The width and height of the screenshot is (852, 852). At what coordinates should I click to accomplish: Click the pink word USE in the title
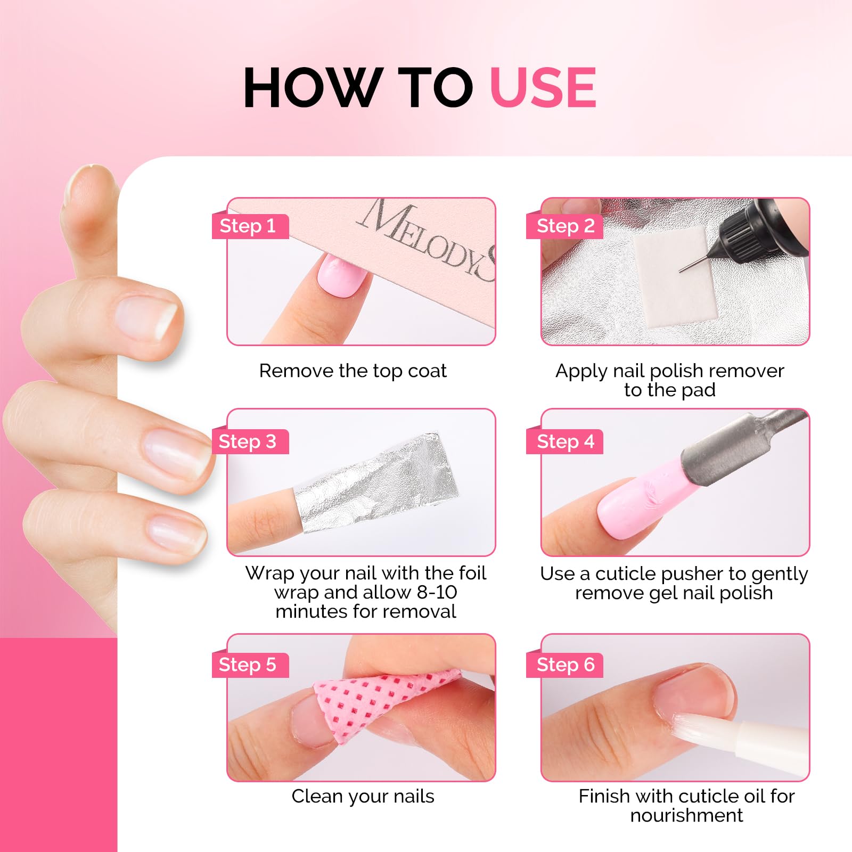point(543,87)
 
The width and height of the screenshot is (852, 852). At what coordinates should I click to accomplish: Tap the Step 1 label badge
point(250,226)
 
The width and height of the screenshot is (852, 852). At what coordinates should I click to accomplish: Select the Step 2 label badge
point(564,226)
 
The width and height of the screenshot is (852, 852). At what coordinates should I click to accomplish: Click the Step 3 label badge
point(250,441)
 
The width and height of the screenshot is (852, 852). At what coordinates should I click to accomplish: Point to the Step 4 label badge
point(564,441)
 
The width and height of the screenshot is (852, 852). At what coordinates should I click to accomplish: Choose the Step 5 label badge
point(250,665)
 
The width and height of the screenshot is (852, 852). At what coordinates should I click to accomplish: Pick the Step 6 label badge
point(564,665)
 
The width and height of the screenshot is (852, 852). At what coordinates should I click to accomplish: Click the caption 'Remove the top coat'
point(353,371)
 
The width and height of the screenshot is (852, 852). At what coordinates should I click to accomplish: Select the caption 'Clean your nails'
point(363,796)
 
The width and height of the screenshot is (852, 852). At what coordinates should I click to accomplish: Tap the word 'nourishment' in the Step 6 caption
point(686,815)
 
